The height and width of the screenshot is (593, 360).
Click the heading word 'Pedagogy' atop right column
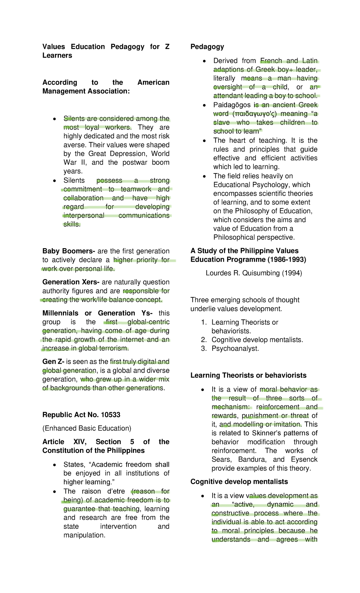tap(207, 47)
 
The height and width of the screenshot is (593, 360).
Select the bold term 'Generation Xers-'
tap(71, 282)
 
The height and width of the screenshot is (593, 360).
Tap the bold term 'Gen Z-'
tap(53, 362)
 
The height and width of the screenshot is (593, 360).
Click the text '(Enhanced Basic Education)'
tap(87, 428)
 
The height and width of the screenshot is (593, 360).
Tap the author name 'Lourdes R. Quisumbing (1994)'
tap(254, 273)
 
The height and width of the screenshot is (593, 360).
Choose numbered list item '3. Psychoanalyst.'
tap(230, 349)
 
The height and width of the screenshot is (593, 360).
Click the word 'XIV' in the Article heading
tap(80, 442)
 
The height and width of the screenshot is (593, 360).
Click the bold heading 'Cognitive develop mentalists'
tap(239, 482)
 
